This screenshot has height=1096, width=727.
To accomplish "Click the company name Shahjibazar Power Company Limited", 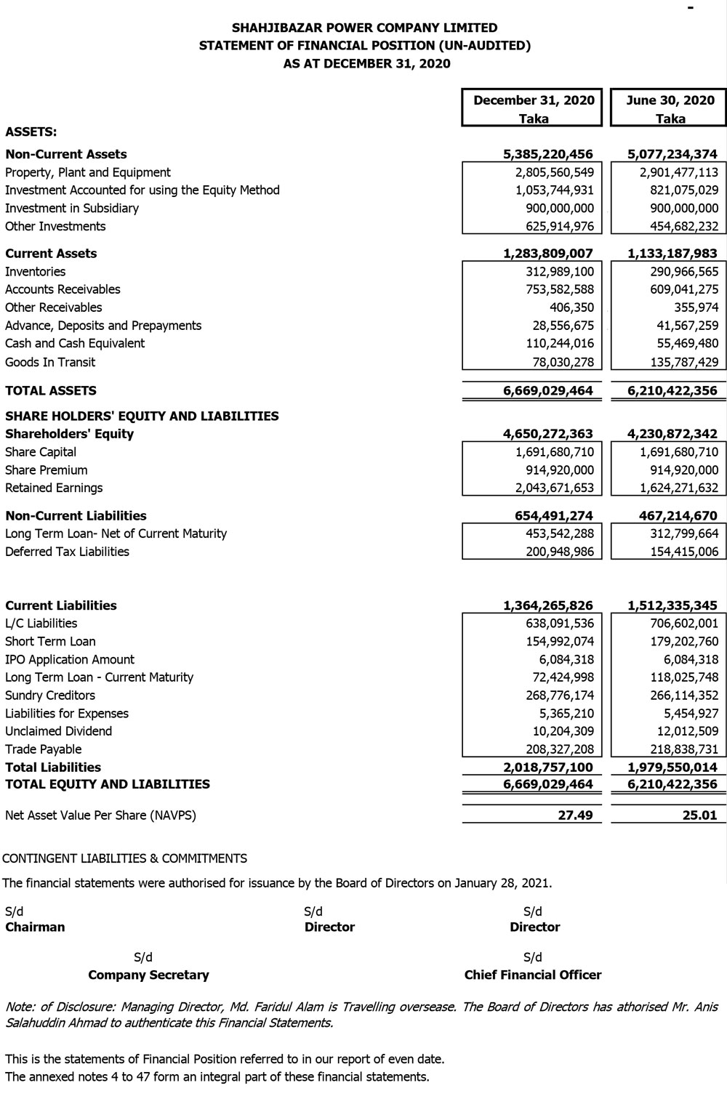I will point(364,28).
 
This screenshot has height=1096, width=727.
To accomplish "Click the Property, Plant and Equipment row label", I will point(88,172).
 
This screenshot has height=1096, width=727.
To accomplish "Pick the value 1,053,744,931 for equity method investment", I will point(549,190).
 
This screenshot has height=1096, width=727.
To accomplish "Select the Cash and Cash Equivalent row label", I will point(75,344).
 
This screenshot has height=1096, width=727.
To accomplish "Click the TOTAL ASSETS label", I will point(51,391).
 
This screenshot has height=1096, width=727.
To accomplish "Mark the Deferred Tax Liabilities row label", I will point(67,552).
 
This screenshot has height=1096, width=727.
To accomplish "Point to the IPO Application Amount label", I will point(70,660).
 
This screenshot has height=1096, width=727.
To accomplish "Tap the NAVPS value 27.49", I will point(575,815).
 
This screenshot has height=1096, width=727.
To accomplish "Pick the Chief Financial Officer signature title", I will point(533,975).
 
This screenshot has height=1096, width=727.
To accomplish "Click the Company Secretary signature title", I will point(148,975).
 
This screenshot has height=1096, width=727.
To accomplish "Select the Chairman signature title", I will point(35,927).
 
